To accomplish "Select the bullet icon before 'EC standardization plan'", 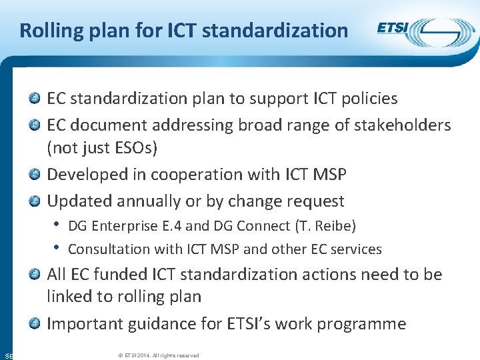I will pyautogui.click(x=34, y=99).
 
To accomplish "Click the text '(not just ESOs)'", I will pyautogui.click(x=102, y=147).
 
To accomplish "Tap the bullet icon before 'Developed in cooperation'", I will pyautogui.click(x=34, y=175).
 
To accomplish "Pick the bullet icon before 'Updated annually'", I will pyautogui.click(x=34, y=201).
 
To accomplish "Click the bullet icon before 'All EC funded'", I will pyautogui.click(x=34, y=275).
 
